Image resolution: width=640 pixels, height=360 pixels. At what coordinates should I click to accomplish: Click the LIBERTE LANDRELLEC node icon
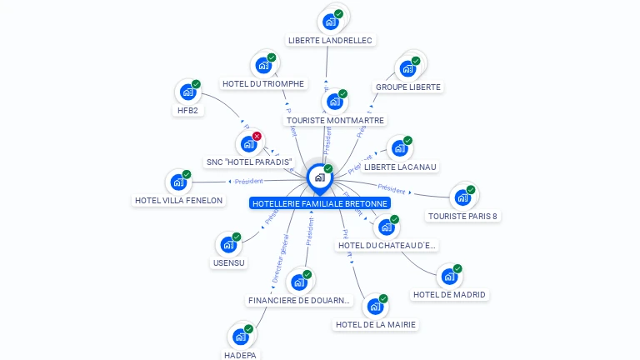[331, 21]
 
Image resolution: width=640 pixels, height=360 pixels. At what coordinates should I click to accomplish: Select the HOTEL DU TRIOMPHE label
[263, 83]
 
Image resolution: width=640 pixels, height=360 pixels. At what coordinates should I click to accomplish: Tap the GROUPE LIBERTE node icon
[407, 68]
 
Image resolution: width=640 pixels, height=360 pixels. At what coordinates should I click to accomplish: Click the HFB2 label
[187, 110]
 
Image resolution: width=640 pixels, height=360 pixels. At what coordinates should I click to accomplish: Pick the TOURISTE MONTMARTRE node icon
[334, 102]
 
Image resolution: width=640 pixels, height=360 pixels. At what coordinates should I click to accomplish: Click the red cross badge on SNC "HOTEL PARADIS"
[257, 136]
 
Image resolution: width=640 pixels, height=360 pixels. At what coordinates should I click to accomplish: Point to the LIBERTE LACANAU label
[400, 167]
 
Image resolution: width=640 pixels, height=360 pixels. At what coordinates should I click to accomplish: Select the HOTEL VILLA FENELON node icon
[177, 182]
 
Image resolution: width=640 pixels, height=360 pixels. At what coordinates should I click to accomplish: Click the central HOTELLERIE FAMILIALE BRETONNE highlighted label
[320, 203]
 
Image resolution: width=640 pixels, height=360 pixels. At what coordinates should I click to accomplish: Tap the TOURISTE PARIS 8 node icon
[462, 197]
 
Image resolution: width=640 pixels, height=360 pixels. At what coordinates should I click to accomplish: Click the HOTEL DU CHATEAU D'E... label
[387, 245]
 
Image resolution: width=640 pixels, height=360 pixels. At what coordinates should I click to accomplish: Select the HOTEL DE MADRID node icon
[448, 277]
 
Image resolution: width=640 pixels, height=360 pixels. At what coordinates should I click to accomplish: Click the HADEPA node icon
[240, 337]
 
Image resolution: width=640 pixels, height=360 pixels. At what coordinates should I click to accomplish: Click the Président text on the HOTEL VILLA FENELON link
[248, 181]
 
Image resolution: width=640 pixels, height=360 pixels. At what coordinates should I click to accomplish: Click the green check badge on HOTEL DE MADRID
[457, 269]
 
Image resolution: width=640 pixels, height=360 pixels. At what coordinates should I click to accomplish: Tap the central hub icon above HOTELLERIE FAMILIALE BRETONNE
[319, 177]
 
